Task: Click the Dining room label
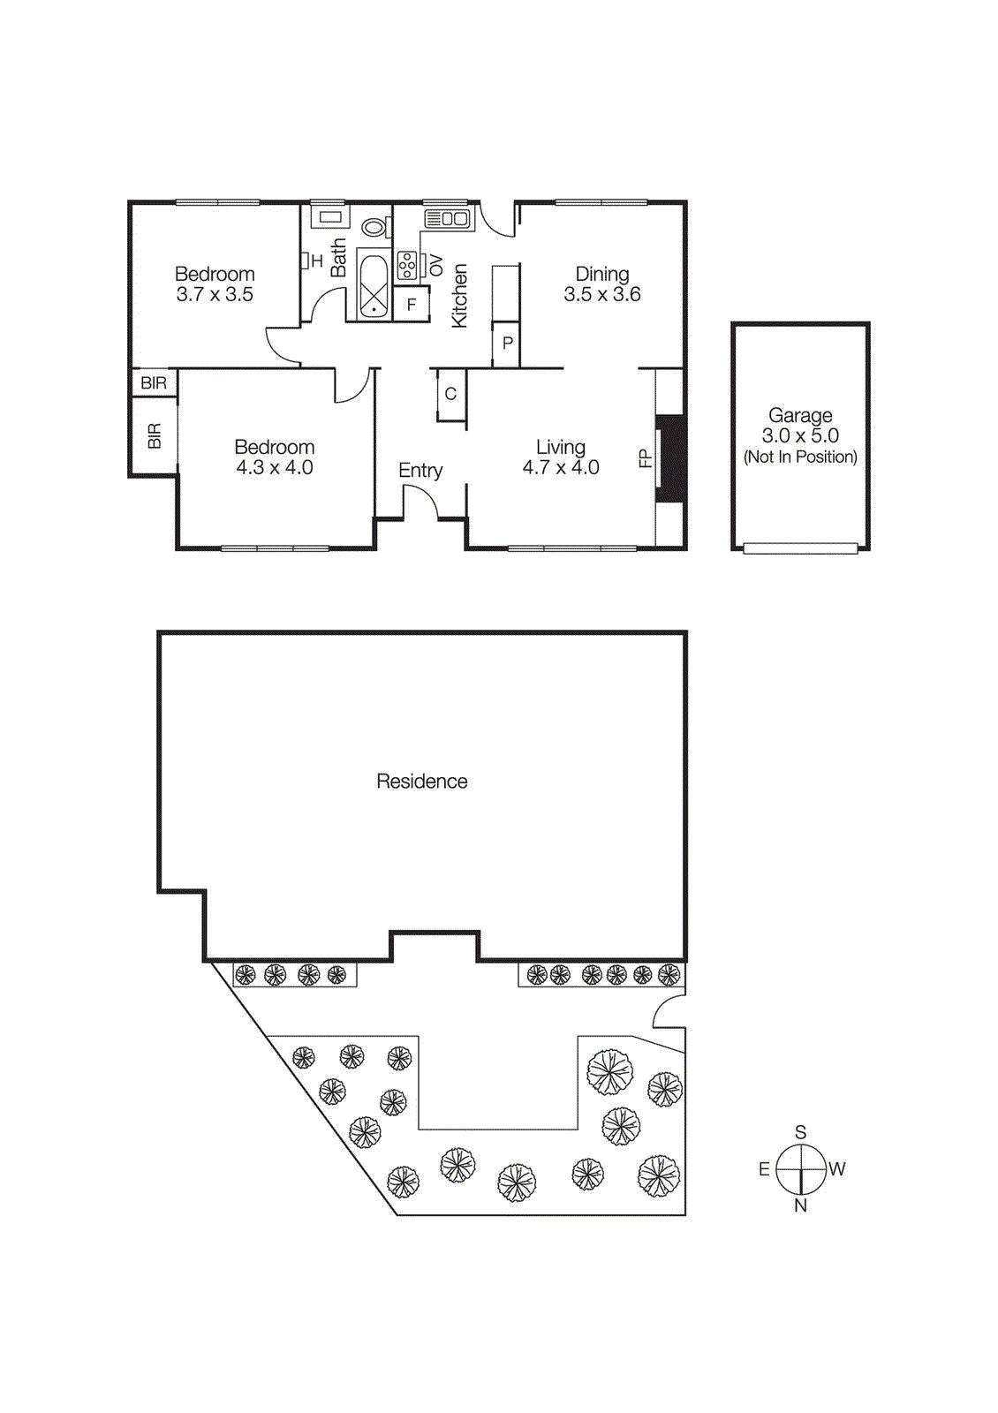pos(602,274)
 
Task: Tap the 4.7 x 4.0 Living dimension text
pos(561,468)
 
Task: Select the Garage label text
pos(800,415)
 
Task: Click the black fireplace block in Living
pos(673,459)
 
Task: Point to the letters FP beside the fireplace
pos(645,458)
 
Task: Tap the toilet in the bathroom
pos(374,227)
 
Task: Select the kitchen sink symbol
pos(447,218)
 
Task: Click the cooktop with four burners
pos(407,265)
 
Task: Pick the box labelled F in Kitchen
pos(412,305)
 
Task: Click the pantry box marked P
pos(507,344)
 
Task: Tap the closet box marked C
pos(450,394)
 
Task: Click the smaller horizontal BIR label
pos(154,383)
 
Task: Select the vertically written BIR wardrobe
pos(155,435)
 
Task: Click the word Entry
pos(420,471)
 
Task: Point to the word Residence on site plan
pos(421,782)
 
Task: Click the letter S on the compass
pos(800,1132)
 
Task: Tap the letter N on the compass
pos(800,1205)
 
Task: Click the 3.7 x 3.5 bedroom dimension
pos(215,295)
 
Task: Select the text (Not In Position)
pos(800,457)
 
